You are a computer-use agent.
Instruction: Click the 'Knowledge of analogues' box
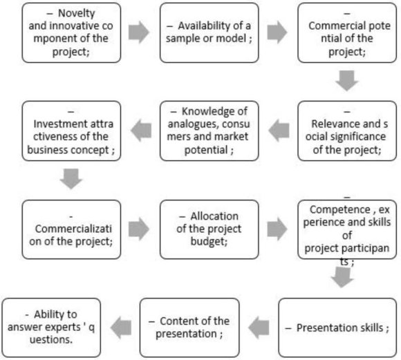[x=209, y=131]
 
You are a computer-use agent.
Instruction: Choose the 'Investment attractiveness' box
[x=71, y=131]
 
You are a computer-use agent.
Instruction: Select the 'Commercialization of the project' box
[x=71, y=229]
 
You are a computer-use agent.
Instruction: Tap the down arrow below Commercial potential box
[x=348, y=81]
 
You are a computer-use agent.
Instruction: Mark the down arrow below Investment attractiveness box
[x=71, y=178]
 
